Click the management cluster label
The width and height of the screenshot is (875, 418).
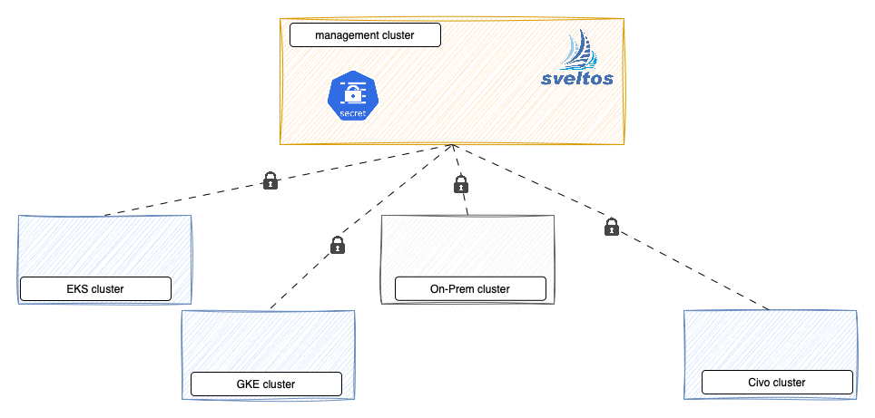click(x=365, y=35)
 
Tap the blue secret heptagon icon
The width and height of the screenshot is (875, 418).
click(x=351, y=96)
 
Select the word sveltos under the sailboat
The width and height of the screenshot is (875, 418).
click(x=576, y=79)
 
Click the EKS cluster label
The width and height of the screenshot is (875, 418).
click(x=95, y=289)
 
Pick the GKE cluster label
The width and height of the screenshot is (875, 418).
click(x=266, y=384)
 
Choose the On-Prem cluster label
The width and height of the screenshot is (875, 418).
click(x=470, y=289)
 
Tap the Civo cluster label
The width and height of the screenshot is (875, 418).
click(x=777, y=382)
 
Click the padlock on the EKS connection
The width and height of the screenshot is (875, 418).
click(x=270, y=180)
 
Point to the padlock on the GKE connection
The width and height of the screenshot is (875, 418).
click(x=337, y=245)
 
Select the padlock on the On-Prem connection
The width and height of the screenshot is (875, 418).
click(x=460, y=185)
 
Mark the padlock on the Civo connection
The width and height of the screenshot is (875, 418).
click(x=612, y=227)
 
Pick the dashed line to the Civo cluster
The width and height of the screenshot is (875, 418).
click(x=690, y=268)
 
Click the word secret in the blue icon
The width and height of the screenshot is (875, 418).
click(x=351, y=112)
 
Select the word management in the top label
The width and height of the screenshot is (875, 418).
click(x=343, y=35)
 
